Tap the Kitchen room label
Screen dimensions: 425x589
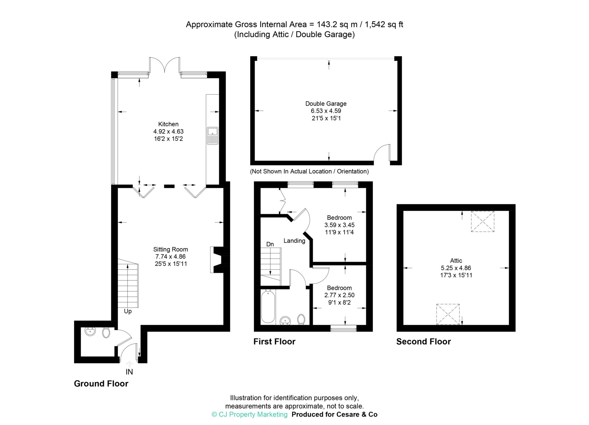(x=168, y=124)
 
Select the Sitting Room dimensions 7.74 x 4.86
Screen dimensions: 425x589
(x=171, y=257)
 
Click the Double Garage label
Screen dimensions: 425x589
(x=326, y=103)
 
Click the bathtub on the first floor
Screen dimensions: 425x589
(x=268, y=306)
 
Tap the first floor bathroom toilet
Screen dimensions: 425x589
(x=301, y=319)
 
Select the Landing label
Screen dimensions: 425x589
(x=294, y=241)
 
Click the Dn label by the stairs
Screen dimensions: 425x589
(x=270, y=244)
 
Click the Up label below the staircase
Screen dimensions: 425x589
(x=128, y=311)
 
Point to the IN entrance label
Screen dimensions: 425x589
(x=129, y=372)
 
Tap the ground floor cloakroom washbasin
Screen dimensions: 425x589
(x=90, y=332)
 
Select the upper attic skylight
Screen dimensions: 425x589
(x=482, y=221)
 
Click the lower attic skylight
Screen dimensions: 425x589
(x=448, y=314)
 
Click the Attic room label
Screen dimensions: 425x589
(x=456, y=261)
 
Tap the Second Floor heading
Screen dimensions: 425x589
(x=423, y=342)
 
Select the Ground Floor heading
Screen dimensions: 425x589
(x=101, y=384)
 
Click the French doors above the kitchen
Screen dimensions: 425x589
(x=165, y=65)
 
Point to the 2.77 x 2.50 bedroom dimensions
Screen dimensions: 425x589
(x=339, y=295)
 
